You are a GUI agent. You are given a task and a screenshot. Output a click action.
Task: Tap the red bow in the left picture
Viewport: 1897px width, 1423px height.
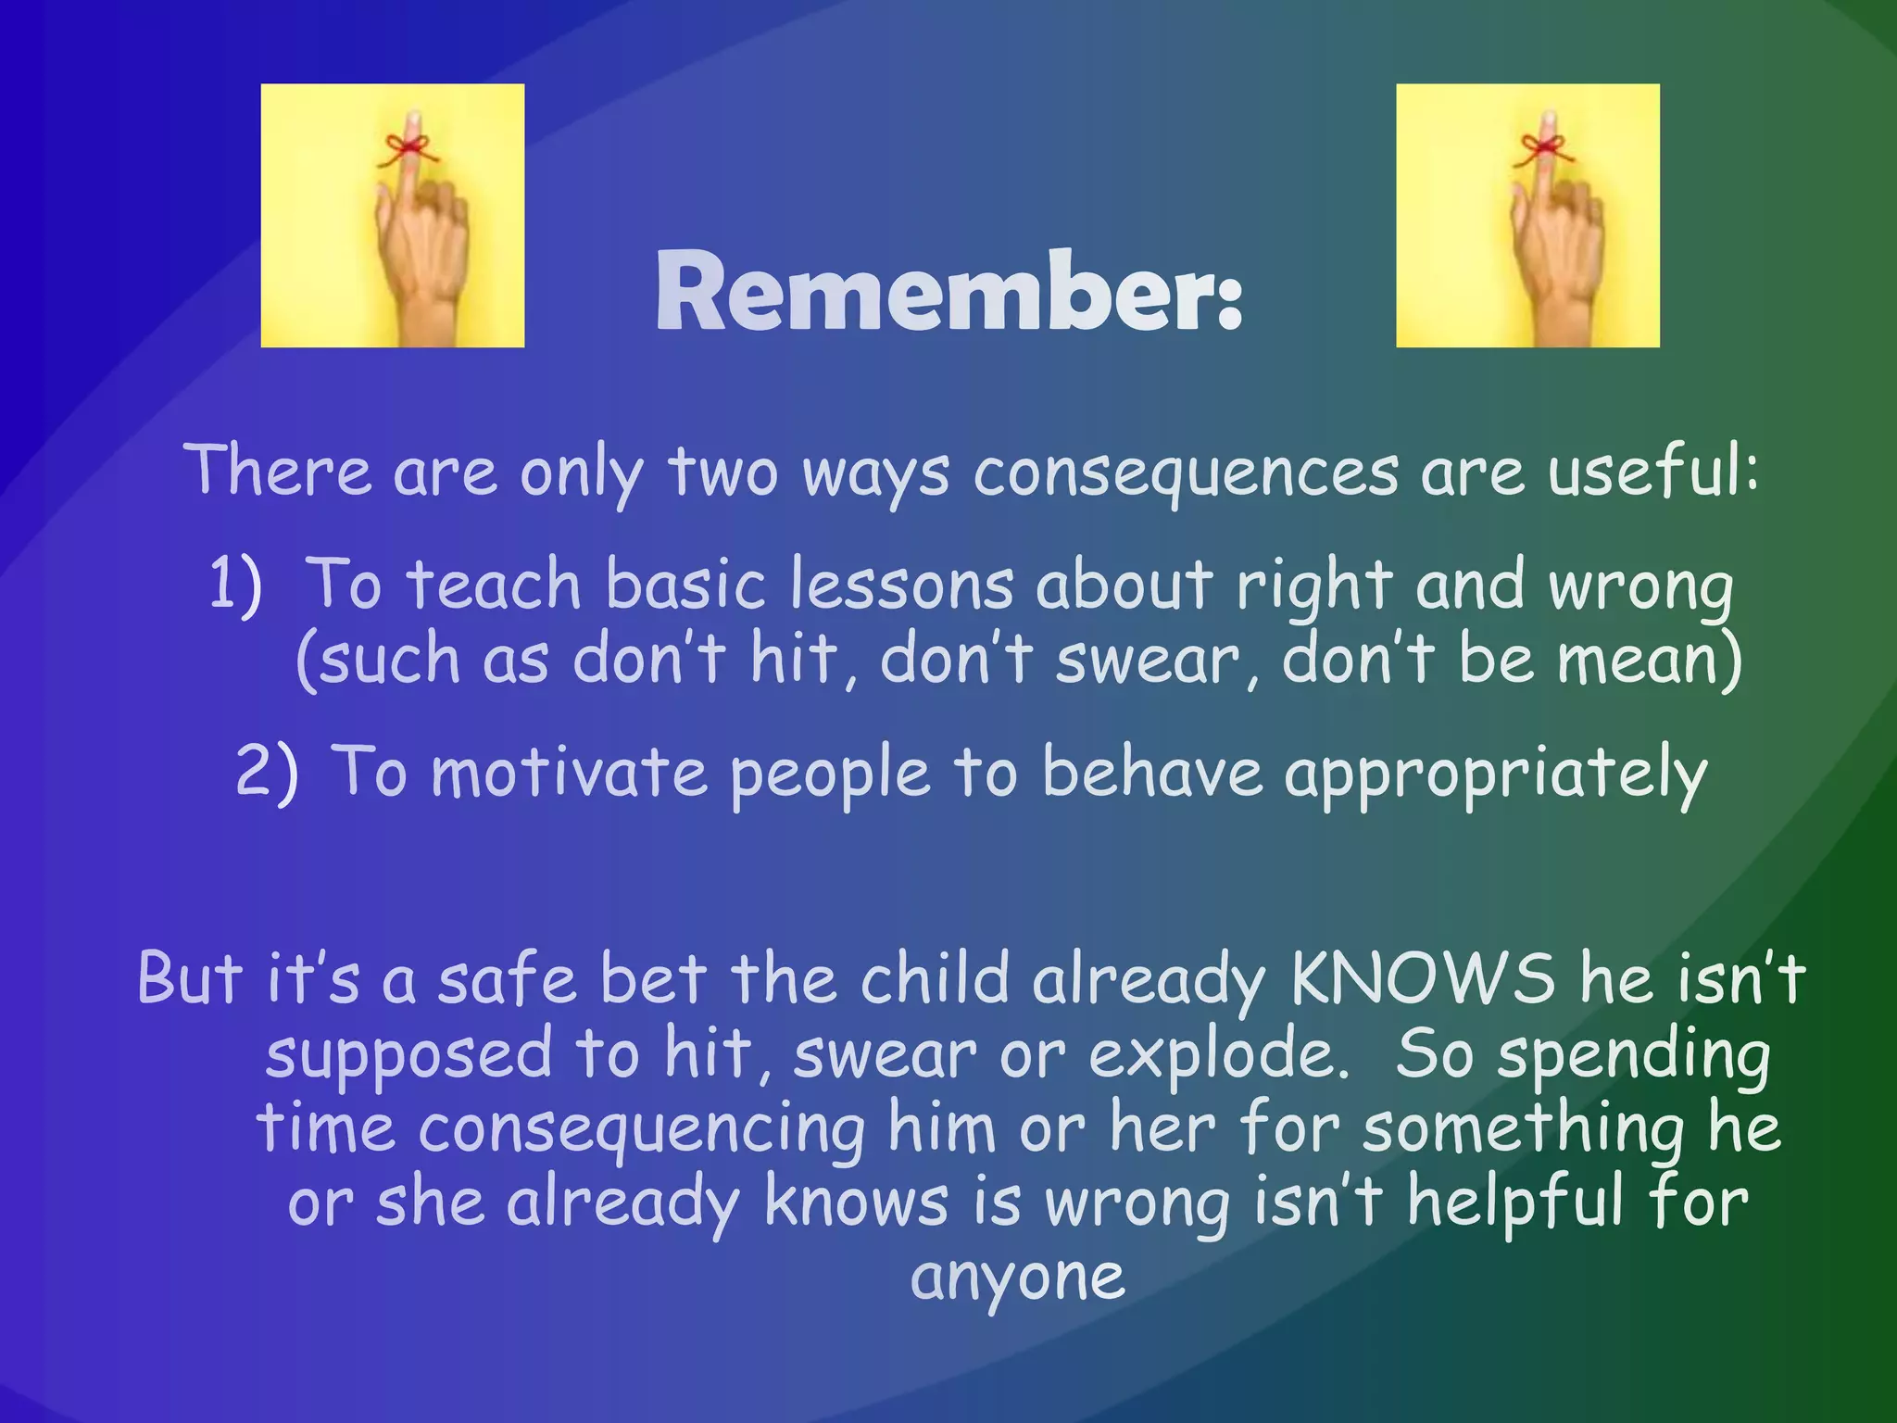(x=404, y=148)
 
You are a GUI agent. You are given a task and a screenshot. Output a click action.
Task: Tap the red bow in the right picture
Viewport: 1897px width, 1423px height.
(x=1540, y=148)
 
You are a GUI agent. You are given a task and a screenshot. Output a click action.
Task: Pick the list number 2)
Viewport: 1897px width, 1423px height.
(x=267, y=771)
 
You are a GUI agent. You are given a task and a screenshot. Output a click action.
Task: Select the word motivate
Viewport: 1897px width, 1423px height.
(x=569, y=773)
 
